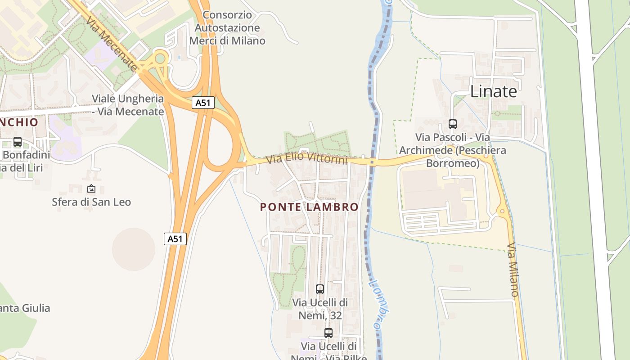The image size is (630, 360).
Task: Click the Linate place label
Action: pyautogui.click(x=493, y=91)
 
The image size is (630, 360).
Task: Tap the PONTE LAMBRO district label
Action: pyautogui.click(x=309, y=207)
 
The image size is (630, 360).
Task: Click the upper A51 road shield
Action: pyautogui.click(x=203, y=103)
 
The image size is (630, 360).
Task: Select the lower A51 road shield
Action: pyautogui.click(x=175, y=239)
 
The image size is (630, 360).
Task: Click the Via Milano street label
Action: pyautogui.click(x=513, y=270)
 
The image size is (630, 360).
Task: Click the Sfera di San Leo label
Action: pyautogui.click(x=91, y=202)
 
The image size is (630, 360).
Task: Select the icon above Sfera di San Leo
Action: pyautogui.click(x=91, y=189)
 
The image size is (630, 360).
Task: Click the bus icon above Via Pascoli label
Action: pyautogui.click(x=453, y=124)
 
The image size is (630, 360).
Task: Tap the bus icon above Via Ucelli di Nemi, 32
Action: pyautogui.click(x=320, y=289)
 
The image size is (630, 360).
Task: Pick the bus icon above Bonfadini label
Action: pyautogui.click(x=18, y=142)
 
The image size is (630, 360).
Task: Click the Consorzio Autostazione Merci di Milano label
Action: pyautogui.click(x=227, y=27)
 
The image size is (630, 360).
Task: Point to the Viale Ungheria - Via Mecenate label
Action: pyautogui.click(x=128, y=105)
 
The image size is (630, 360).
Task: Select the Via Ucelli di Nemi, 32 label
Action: pyautogui.click(x=320, y=309)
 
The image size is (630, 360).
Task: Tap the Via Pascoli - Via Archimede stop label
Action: pyautogui.click(x=453, y=150)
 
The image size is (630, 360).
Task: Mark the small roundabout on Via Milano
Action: pyautogui.click(x=502, y=211)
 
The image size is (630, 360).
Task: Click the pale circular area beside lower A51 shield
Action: pyautogui.click(x=133, y=249)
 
